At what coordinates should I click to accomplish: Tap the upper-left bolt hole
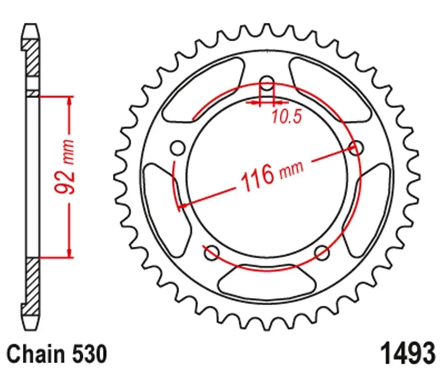point(179,148)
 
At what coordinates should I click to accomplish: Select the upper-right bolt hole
point(356,148)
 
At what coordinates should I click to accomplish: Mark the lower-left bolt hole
point(211,253)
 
